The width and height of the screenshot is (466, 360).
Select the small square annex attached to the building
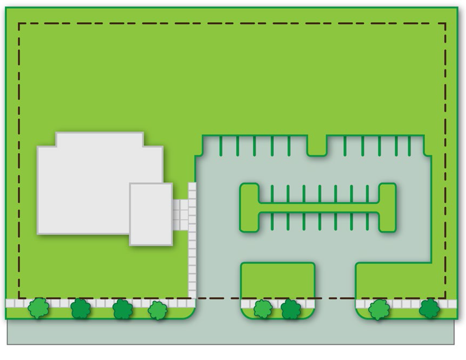pos(151,214)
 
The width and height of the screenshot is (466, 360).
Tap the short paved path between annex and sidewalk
pos(180,214)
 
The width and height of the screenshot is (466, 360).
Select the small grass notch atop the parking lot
pos(317,146)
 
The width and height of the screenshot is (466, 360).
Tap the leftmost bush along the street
pos(39,308)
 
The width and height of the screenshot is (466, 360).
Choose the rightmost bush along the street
pos(429,308)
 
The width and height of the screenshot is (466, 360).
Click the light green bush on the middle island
pos(263,309)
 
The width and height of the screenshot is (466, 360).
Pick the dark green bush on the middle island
pos(291,309)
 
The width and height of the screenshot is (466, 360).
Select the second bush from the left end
pos(81,308)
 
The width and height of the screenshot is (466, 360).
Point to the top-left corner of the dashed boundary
pos(19,23)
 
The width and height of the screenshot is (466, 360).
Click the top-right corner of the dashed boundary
pos(446,23)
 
